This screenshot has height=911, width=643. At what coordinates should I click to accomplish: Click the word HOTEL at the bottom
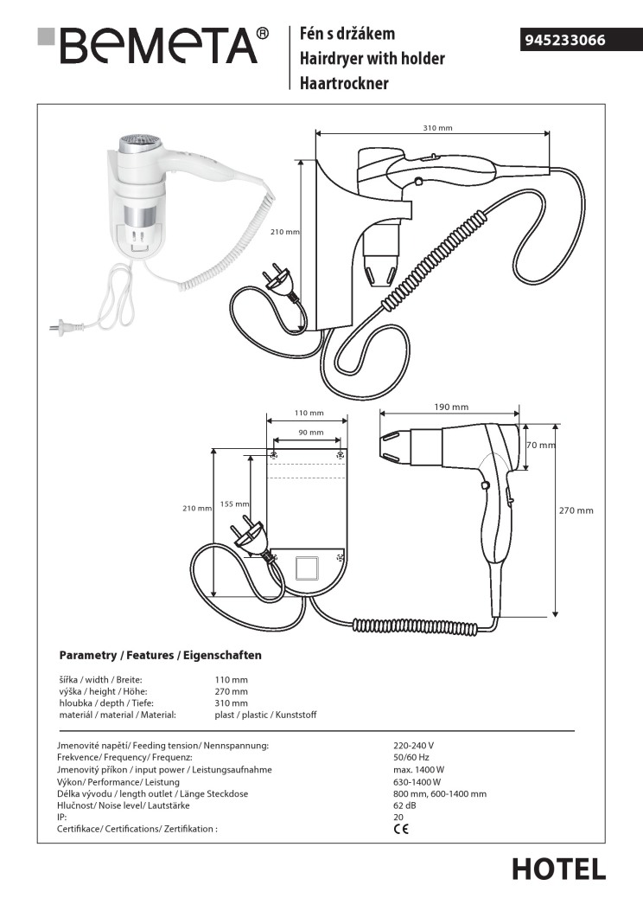[558, 869]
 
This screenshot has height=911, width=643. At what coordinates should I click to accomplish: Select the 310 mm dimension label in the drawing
[437, 128]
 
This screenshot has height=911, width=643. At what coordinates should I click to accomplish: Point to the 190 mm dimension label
[450, 407]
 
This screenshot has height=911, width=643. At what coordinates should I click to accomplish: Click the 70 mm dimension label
[540, 445]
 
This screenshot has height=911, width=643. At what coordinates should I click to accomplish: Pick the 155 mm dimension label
[234, 504]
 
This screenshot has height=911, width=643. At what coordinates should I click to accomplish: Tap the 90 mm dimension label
[310, 433]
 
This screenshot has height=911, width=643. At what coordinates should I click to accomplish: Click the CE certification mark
[401, 828]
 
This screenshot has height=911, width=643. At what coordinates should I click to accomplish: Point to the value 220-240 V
[413, 745]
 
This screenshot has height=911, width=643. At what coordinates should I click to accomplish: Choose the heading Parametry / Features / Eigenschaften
[160, 655]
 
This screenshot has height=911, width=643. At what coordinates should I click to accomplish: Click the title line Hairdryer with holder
[372, 59]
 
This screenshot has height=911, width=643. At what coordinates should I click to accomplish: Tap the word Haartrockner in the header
[344, 83]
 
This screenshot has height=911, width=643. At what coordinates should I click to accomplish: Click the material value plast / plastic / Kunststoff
[265, 715]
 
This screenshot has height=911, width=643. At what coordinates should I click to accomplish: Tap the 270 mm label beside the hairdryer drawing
[576, 510]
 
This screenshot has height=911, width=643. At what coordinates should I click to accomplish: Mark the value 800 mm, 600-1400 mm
[439, 793]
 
